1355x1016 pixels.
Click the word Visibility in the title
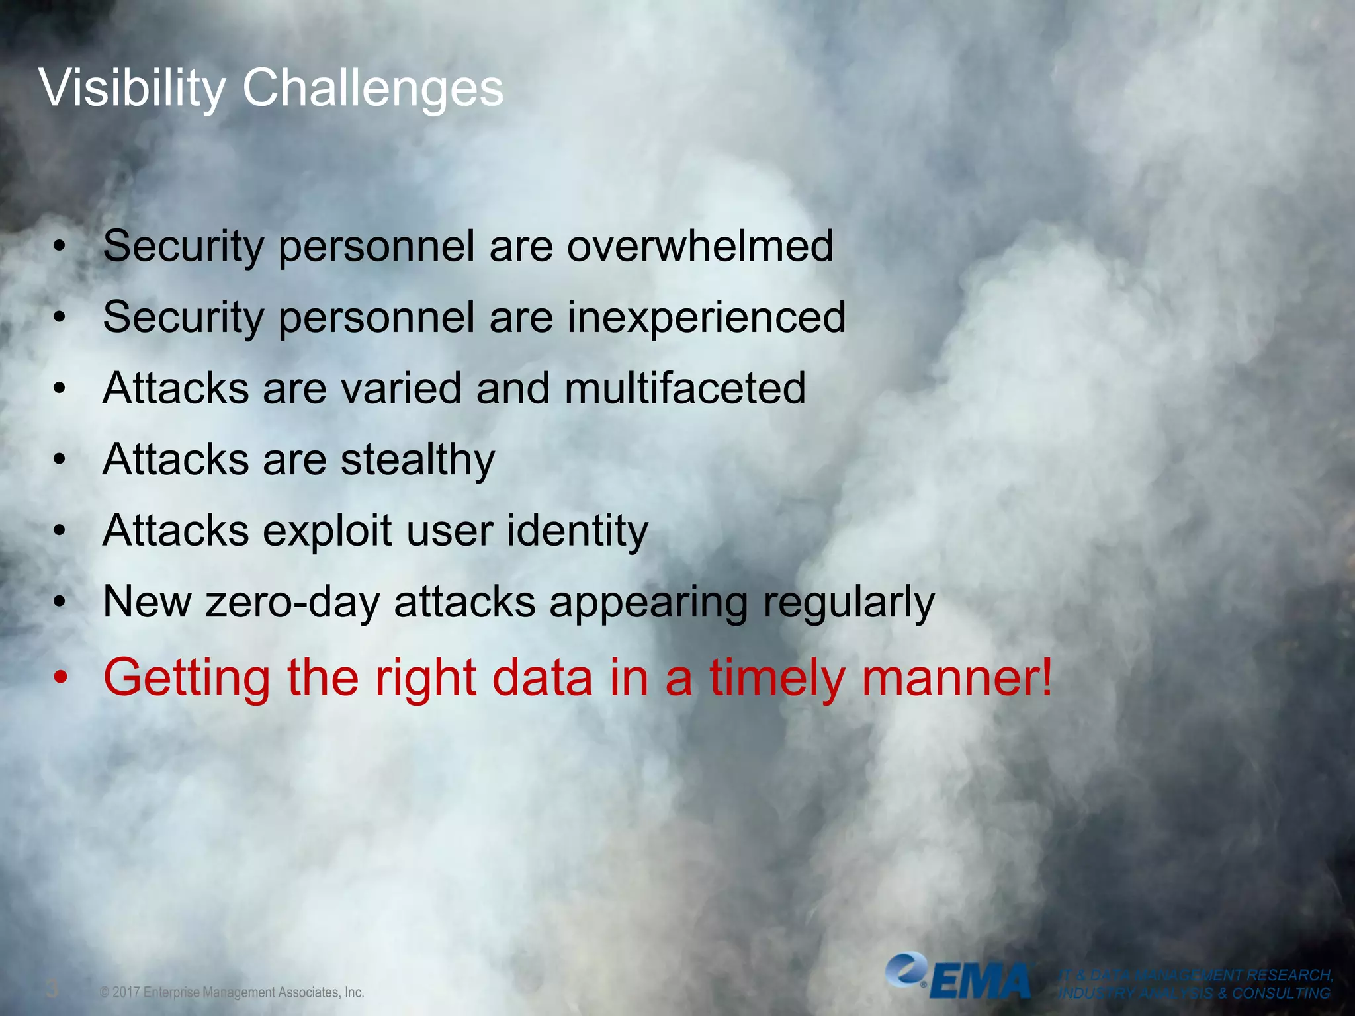point(132,88)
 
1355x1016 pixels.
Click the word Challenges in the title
point(372,88)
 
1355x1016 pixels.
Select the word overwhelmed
point(699,246)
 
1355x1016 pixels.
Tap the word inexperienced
point(706,317)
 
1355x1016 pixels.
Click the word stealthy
point(417,460)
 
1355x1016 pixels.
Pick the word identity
point(577,531)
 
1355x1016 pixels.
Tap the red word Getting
point(187,678)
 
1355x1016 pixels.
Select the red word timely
point(777,678)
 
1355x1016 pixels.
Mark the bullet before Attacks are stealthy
point(60,460)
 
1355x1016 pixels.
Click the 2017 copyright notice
point(232,992)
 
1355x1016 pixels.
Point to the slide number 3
point(52,990)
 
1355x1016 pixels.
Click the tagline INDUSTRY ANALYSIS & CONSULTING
point(1194,994)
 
